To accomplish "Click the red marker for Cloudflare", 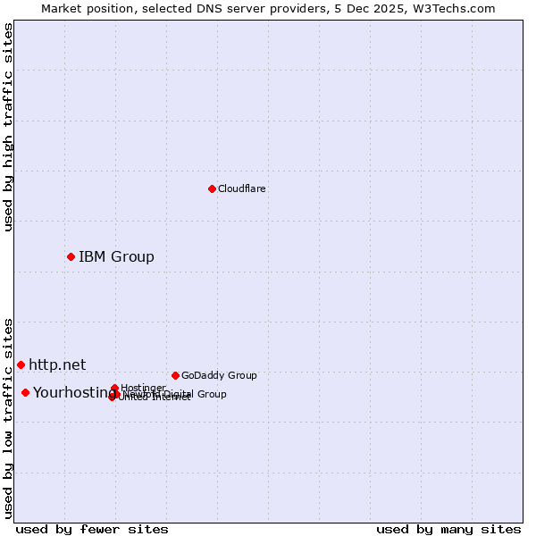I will click(x=212, y=188).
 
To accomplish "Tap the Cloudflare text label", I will click(x=242, y=189).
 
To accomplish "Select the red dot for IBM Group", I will click(x=71, y=257).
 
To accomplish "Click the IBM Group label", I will click(x=116, y=257).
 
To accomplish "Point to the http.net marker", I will click(x=21, y=364).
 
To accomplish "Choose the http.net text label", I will click(x=57, y=364).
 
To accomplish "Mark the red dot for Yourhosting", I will click(x=25, y=392).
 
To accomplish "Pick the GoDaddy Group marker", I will click(x=175, y=375).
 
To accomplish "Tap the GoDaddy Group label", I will click(x=219, y=376).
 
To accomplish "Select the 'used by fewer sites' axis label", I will click(x=92, y=529).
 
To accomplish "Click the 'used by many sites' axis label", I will click(x=448, y=529).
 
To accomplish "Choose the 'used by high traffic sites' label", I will click(x=8, y=127).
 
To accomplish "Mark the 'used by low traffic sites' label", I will click(x=8, y=417).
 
